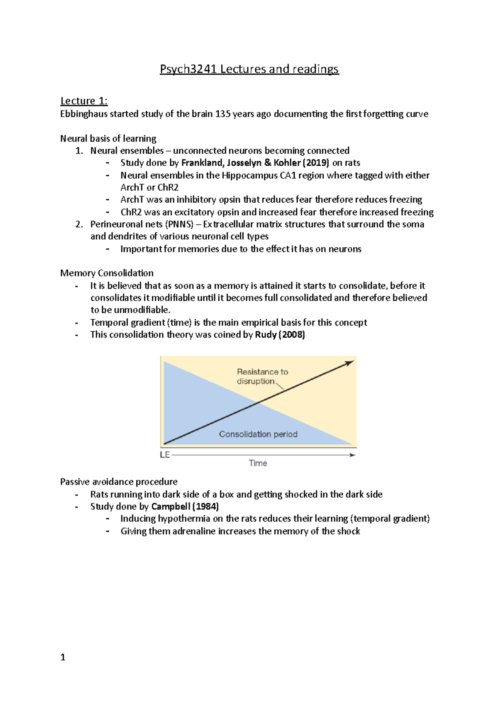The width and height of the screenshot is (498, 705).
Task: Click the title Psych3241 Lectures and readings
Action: (x=249, y=69)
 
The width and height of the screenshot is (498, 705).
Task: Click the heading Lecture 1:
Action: (x=84, y=101)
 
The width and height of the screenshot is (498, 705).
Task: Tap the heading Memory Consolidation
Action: (x=107, y=273)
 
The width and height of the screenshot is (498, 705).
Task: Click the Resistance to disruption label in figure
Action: (x=262, y=376)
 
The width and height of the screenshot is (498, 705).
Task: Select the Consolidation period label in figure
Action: (x=258, y=434)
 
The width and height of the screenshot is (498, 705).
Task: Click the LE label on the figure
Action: (x=165, y=455)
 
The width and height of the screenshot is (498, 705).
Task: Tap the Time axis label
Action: (x=258, y=463)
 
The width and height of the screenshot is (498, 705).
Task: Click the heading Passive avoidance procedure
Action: (x=119, y=482)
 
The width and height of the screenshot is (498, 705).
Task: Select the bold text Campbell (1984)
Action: (x=185, y=507)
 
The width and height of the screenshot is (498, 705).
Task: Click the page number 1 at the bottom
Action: (x=63, y=657)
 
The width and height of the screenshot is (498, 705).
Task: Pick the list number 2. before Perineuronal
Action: (x=79, y=224)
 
